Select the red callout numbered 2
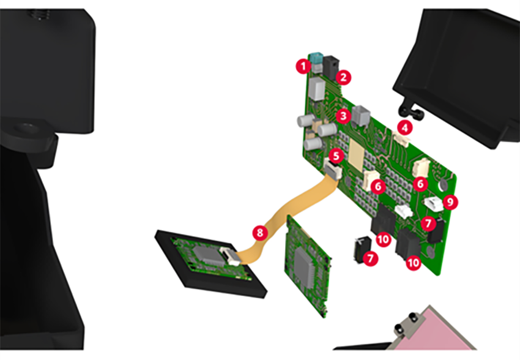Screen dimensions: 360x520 (344, 77)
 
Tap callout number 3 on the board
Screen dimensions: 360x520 (343, 114)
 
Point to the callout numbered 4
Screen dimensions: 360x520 (404, 127)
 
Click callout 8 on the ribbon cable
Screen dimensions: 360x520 (260, 232)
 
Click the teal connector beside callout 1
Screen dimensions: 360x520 (316, 59)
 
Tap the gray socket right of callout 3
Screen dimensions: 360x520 (362, 114)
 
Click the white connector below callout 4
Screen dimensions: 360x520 (401, 141)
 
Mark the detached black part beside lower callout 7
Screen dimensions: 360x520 (358, 247)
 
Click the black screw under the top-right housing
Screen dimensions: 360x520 (409, 110)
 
